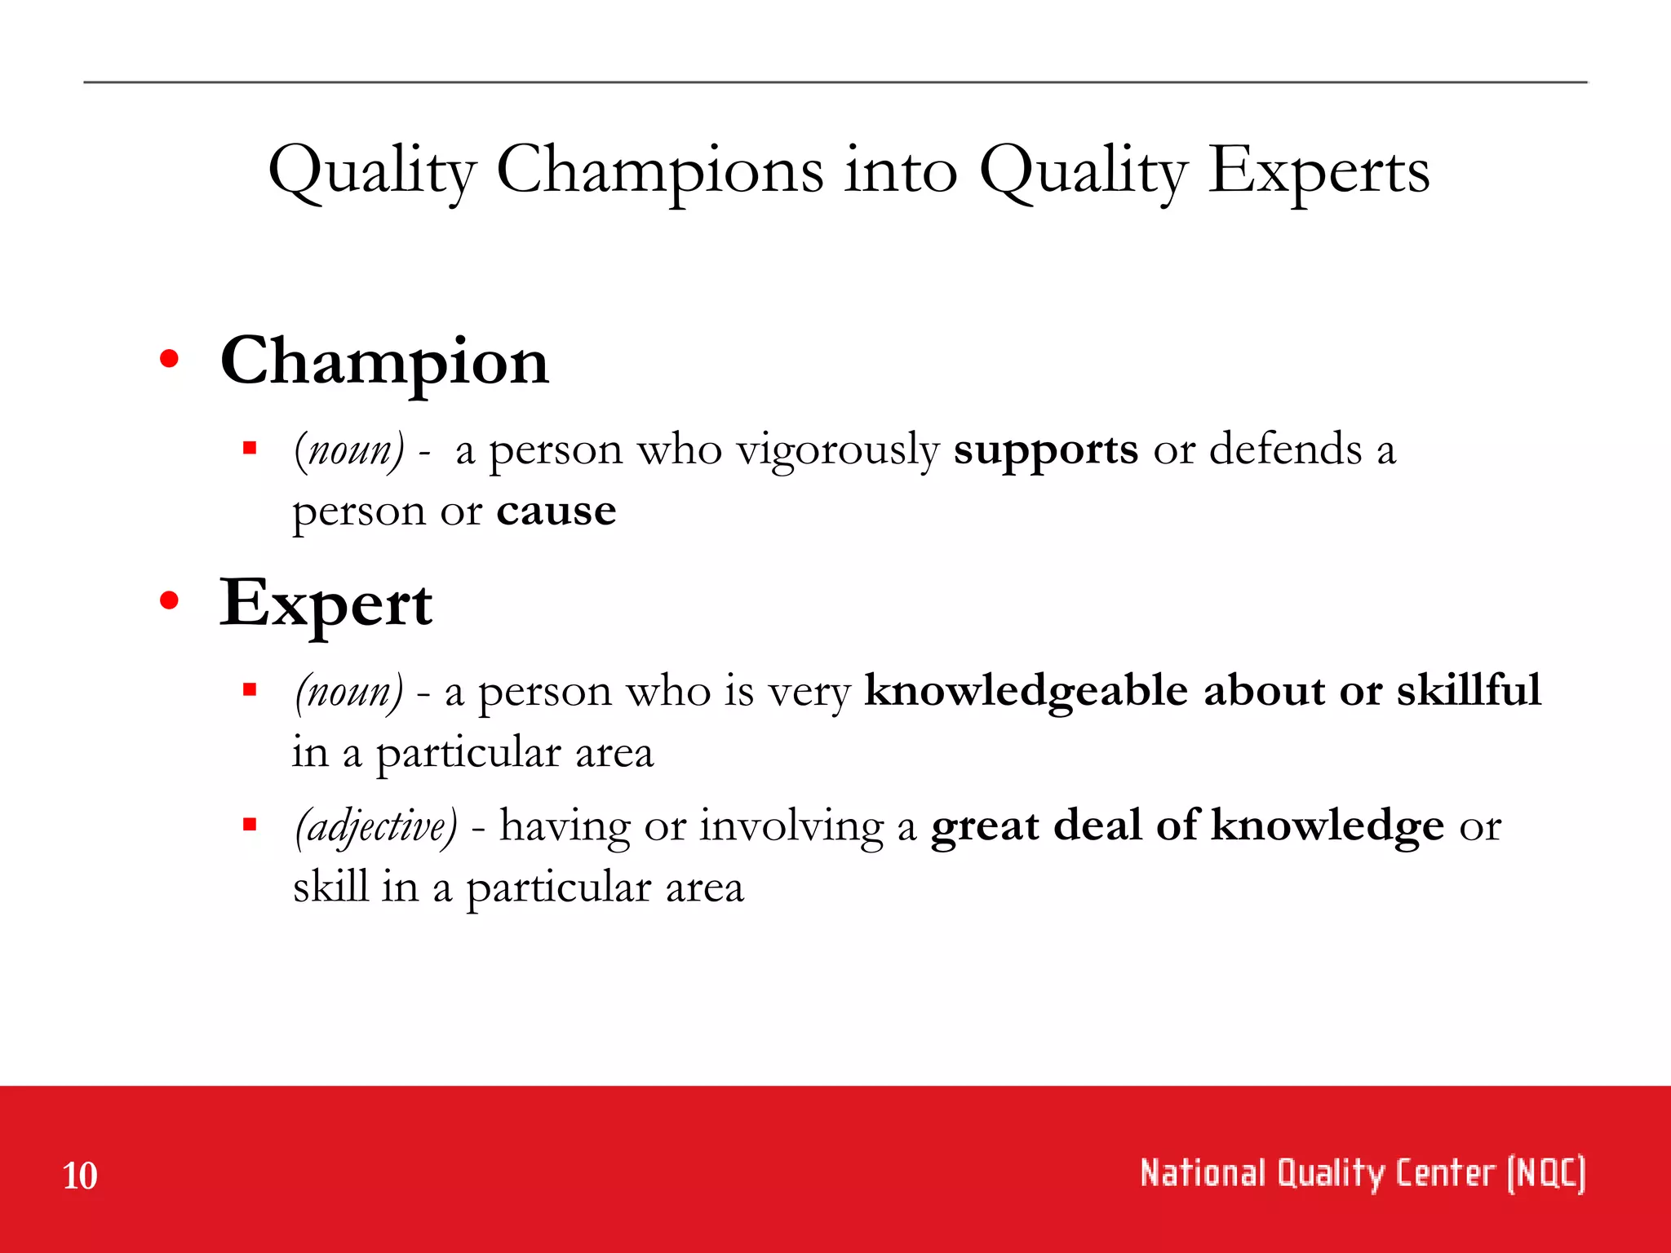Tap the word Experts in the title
pos(1318,171)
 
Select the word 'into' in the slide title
pos(900,171)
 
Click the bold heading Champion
pos(384,361)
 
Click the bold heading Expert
pos(326,604)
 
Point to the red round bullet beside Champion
pos(169,359)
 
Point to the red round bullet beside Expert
pos(169,601)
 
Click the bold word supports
pos(1045,449)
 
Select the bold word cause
pos(556,511)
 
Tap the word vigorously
pos(837,450)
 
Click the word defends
pos(1285,449)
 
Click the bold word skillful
pos(1468,689)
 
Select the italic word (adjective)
pos(376,826)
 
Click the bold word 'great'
pos(984,826)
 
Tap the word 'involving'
pos(791,826)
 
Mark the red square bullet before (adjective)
pos(250,824)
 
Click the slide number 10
pos(80,1176)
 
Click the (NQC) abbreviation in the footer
pos(1545,1174)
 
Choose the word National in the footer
pos(1203,1174)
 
